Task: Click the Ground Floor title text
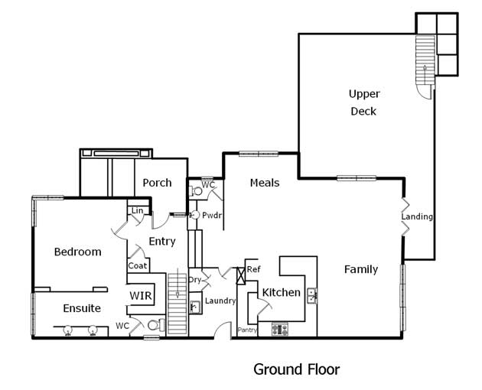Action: coord(297,369)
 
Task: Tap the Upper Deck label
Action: coord(364,102)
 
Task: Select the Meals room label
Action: coord(265,183)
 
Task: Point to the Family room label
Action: coord(361,269)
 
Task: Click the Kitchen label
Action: coord(282,292)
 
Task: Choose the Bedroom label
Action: coord(78,252)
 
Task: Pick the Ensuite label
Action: coord(82,308)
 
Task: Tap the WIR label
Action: coord(141,296)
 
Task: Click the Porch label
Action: coord(157,183)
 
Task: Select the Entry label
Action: coord(162,241)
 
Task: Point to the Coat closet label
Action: coord(138,265)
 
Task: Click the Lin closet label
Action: coord(137,210)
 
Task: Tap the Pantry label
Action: coord(247,330)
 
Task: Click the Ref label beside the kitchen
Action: coord(253,269)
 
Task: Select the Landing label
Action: coord(417,216)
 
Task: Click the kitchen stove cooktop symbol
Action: coord(280,329)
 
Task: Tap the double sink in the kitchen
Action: coord(312,296)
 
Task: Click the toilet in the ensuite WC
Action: coord(156,325)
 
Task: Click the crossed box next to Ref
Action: coord(241,275)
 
